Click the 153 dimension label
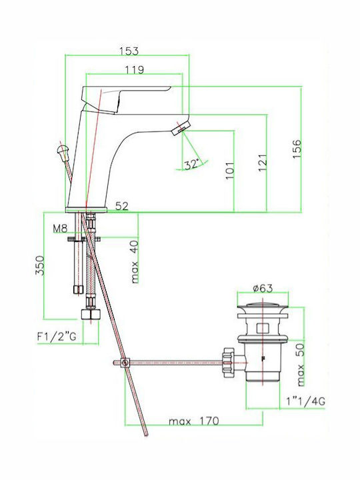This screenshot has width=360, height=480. [x=129, y=51]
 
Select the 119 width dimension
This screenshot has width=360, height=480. [x=135, y=70]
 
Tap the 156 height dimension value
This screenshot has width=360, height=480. [x=297, y=149]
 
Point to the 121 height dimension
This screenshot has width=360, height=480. [x=263, y=163]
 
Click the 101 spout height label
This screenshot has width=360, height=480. [x=229, y=169]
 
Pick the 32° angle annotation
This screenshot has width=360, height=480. [x=192, y=164]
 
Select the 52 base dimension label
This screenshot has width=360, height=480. [x=122, y=206]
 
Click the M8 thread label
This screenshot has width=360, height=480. [x=60, y=229]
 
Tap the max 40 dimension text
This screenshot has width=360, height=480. [x=135, y=262]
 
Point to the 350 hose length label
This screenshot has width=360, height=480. [x=39, y=266]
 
